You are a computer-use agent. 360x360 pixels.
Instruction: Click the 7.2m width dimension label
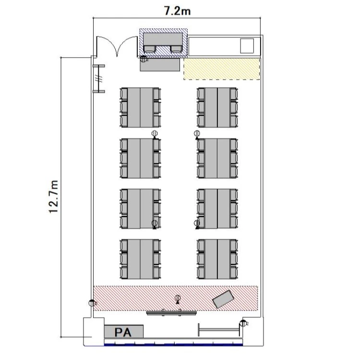pos(177,11)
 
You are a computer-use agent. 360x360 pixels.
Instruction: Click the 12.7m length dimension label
pos(54,197)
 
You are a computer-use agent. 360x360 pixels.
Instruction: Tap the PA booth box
pos(124,332)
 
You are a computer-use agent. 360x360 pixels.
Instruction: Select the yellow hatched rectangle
pos(222,69)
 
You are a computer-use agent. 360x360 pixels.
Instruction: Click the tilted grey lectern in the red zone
pos(223,299)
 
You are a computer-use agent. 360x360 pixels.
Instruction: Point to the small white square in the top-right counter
pos(247,46)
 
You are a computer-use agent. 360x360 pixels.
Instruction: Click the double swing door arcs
pos(117,46)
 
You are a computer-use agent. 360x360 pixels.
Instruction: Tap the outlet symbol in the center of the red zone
pos(178,299)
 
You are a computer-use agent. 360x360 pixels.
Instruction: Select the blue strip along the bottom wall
pos(173,344)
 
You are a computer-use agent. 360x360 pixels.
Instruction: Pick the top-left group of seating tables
pos(140,108)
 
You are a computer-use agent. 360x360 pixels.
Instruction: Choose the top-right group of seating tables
pos(217,108)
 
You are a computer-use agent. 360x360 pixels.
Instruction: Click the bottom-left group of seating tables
pos(140,259)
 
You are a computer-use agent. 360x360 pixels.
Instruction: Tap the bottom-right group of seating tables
pos(217,259)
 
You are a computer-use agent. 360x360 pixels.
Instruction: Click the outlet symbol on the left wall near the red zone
pos(92,303)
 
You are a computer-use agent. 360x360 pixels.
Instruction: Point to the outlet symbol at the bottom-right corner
pos(243,323)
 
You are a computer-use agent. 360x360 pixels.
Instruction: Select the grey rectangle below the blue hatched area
pos(160,65)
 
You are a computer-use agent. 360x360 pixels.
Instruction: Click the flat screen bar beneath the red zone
pos(171,312)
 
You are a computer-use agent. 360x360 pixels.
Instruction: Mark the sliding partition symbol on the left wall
pos(99,79)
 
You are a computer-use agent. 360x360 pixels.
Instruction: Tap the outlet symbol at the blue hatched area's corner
pos(143,59)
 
